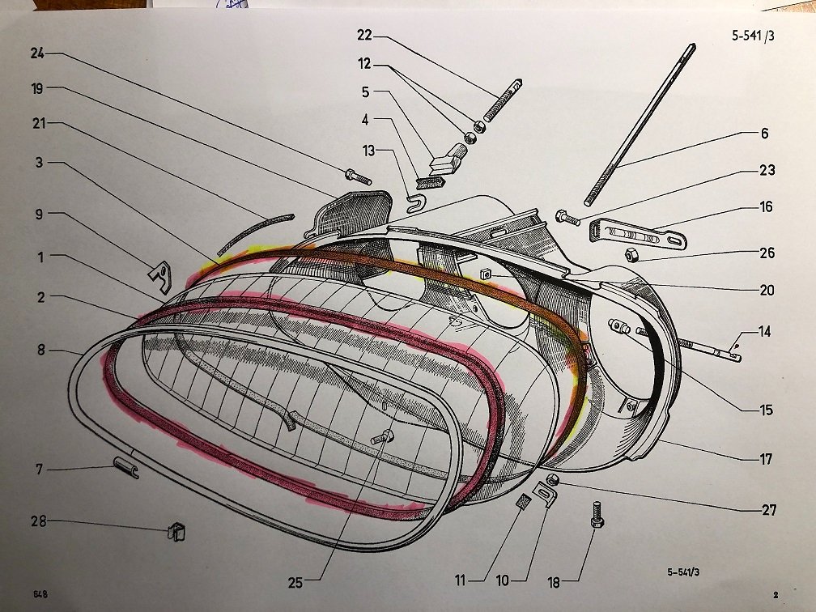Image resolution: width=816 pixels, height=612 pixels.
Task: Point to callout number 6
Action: tap(764, 134)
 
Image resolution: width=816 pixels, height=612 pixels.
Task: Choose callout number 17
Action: tap(766, 461)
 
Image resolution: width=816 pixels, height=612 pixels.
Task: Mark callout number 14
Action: tap(767, 331)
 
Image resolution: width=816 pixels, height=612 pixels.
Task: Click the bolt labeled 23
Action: tap(567, 216)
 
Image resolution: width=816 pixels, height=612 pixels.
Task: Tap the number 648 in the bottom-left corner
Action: tap(39, 593)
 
